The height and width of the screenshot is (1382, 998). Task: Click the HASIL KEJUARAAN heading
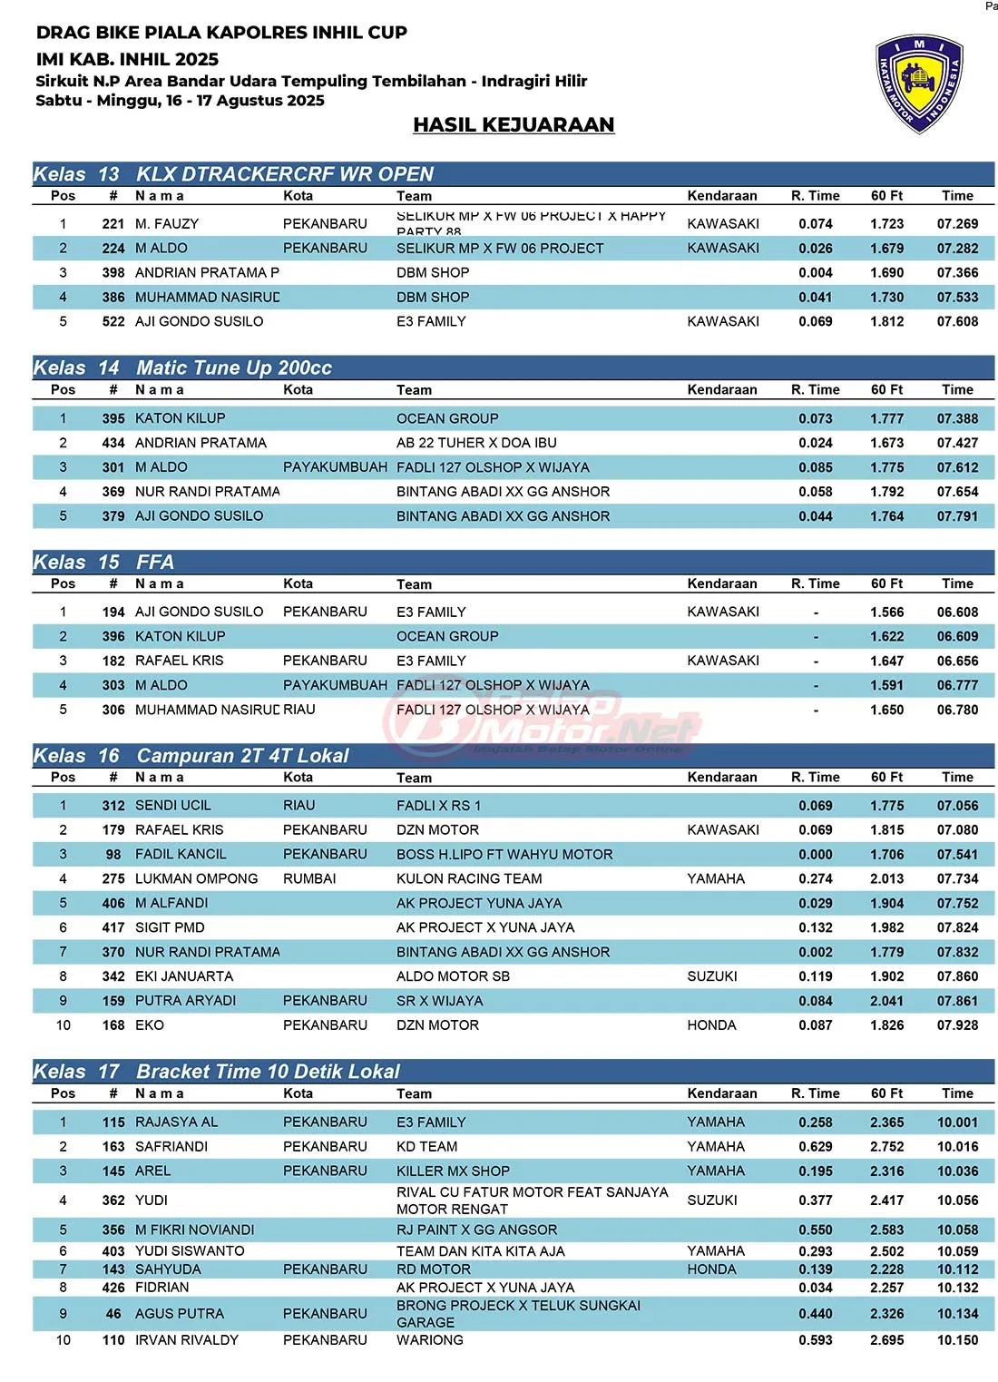[514, 125]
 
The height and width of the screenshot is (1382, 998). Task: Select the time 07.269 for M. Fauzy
[957, 224]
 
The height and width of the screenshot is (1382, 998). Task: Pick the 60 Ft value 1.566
[886, 613]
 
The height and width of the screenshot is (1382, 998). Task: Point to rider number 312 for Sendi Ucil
[113, 806]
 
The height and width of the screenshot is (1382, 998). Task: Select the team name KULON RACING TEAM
[469, 879]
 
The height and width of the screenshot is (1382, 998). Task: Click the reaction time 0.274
[816, 879]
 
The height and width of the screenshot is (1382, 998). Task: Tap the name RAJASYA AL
[176, 1122]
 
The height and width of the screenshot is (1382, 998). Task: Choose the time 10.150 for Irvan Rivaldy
[957, 1340]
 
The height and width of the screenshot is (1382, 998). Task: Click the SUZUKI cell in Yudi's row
[712, 1201]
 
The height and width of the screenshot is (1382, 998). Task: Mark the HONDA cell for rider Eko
[711, 1025]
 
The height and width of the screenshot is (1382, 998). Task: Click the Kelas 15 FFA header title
[155, 563]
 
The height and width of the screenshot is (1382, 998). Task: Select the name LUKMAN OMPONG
[196, 879]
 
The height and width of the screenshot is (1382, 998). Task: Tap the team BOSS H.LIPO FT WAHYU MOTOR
[504, 855]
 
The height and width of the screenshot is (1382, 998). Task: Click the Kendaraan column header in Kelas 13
[722, 196]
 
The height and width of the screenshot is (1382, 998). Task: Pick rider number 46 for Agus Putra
[113, 1314]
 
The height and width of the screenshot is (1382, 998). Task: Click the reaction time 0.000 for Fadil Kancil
[816, 855]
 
